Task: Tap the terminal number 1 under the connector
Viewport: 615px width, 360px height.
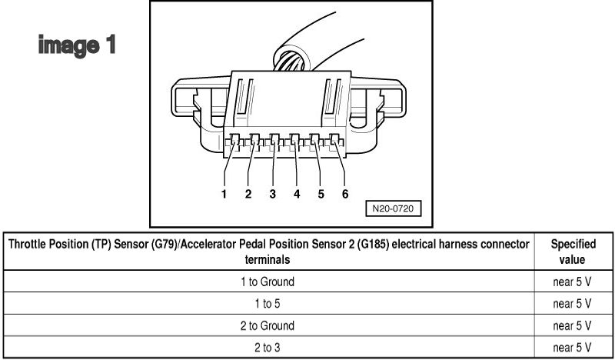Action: tap(224, 194)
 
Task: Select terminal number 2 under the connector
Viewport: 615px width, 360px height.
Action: tap(248, 194)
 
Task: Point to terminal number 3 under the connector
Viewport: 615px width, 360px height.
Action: tap(272, 194)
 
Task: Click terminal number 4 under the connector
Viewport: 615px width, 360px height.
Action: tap(296, 194)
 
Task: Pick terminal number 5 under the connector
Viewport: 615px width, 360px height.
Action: tap(321, 194)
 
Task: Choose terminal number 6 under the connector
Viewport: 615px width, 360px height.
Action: tap(345, 194)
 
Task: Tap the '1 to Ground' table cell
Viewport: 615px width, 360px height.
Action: tap(268, 282)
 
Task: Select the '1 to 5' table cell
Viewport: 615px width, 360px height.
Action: tap(268, 303)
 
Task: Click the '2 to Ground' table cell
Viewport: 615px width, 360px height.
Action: tap(268, 325)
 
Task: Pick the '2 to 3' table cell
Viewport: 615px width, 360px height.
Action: tap(268, 347)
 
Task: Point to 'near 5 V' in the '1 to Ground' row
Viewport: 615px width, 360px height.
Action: tap(573, 282)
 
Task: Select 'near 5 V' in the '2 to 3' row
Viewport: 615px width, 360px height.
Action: tap(573, 347)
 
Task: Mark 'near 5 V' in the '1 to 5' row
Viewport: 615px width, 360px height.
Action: tap(573, 303)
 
